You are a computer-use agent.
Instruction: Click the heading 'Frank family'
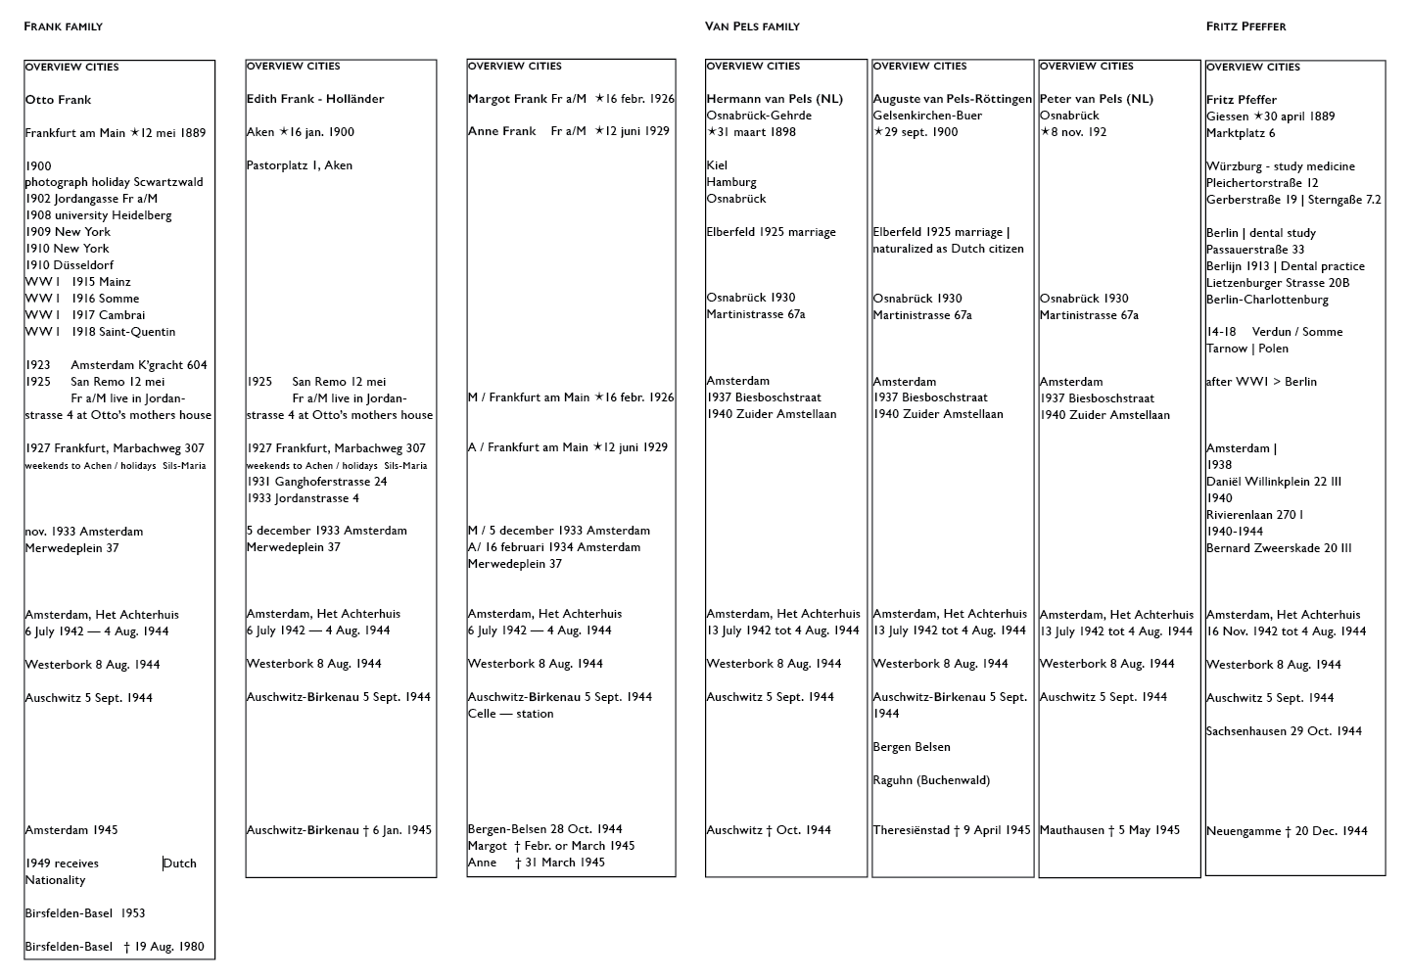(63, 26)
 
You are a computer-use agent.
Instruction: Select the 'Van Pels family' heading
(752, 26)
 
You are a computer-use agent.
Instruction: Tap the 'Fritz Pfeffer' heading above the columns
(1245, 26)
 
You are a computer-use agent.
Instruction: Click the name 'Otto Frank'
(58, 100)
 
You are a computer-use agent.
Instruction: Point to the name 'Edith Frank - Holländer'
(315, 99)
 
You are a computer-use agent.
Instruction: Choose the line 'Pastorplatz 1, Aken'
(301, 165)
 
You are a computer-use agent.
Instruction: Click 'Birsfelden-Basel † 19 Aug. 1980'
(115, 947)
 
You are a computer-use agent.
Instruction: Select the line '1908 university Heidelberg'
(98, 215)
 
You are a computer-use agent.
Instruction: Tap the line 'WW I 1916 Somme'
(82, 299)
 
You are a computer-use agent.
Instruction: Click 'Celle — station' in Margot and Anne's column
(510, 714)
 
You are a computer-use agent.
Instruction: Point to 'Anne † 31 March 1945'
(536, 863)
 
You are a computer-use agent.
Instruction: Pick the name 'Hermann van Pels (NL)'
(775, 99)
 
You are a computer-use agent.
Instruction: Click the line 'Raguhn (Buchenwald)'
(931, 780)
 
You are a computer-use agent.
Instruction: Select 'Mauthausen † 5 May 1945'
(1109, 830)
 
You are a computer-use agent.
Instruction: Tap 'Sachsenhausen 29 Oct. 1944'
(1284, 731)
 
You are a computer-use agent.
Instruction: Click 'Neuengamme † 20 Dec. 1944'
(1287, 831)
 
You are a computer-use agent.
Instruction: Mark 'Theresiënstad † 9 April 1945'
(952, 830)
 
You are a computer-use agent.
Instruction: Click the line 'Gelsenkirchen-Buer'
(926, 116)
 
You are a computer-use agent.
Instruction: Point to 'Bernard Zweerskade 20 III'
(1279, 548)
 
